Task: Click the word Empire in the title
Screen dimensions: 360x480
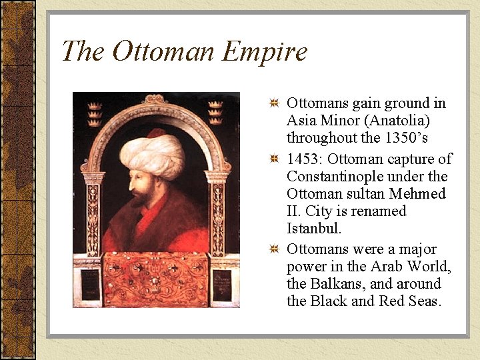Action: tap(265, 51)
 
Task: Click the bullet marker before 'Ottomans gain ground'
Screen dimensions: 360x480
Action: tap(274, 104)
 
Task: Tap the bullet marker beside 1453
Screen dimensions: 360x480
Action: tap(274, 160)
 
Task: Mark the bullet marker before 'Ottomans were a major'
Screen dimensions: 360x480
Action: tap(274, 250)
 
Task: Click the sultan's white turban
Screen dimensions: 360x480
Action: tap(152, 153)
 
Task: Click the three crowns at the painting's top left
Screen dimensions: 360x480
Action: tap(95, 113)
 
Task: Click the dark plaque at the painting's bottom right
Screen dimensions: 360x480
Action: tap(223, 285)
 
